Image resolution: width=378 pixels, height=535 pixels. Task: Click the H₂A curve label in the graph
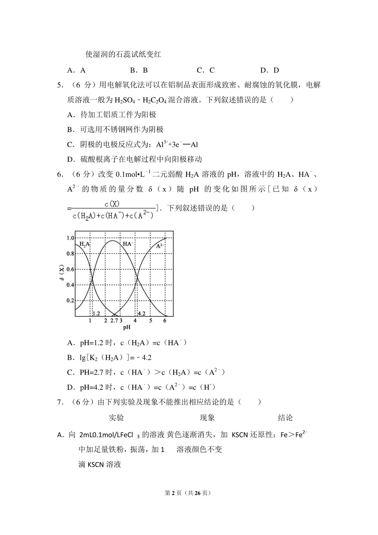click(x=84, y=244)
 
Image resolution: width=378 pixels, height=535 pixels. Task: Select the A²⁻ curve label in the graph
click(x=160, y=246)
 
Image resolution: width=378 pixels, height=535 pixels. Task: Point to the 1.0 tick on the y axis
click(x=70, y=238)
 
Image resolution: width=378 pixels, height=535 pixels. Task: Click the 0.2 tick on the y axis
click(x=70, y=301)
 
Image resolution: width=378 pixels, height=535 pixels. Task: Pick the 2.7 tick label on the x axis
click(x=114, y=321)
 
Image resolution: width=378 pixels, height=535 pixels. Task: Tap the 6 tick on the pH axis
click(x=165, y=321)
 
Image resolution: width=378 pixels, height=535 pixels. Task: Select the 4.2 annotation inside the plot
click(x=141, y=314)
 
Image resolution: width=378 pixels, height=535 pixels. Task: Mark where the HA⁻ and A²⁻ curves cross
click(x=137, y=277)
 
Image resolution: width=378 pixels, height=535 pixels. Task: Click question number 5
click(x=59, y=85)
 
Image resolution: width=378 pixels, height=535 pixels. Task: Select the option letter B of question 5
click(x=70, y=129)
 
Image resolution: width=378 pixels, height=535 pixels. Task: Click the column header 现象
click(x=207, y=418)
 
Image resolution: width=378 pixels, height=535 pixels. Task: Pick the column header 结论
click(x=285, y=418)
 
